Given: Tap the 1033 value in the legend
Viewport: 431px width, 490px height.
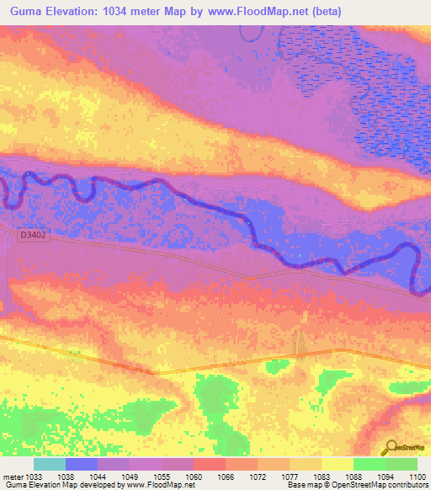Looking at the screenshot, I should (34, 476).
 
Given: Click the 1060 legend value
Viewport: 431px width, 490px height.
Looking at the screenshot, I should (194, 476).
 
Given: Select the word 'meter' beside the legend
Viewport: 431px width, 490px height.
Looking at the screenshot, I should (12, 476).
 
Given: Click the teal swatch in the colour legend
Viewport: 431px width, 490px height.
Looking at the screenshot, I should (50, 464).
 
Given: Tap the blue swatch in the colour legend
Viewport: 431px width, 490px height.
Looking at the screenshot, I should (82, 464).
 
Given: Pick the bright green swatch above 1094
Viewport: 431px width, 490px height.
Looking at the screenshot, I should (369, 464).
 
